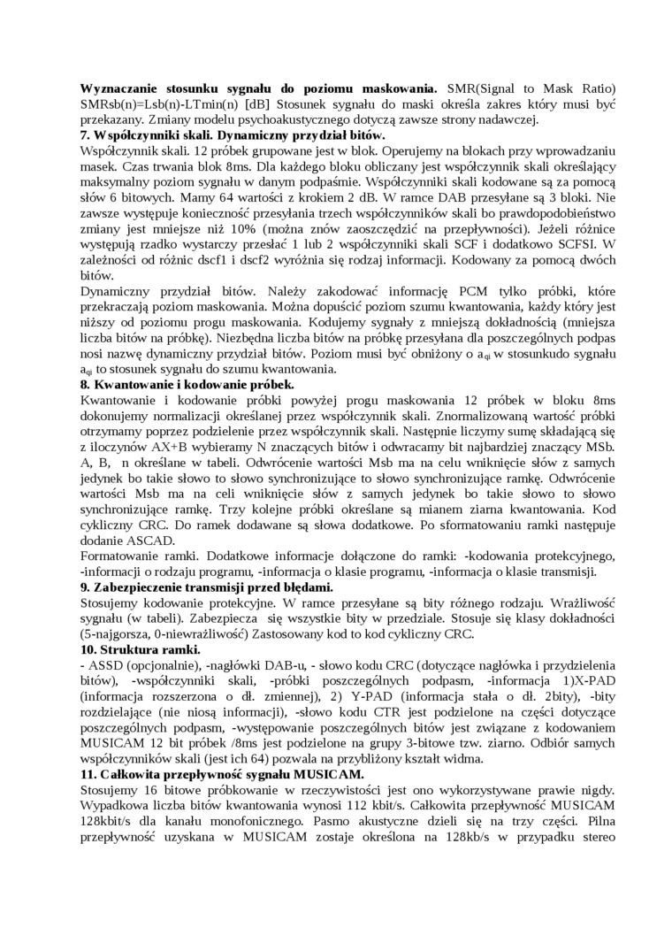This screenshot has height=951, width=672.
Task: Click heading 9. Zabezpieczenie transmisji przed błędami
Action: [207, 587]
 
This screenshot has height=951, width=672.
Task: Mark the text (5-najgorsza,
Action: [118, 634]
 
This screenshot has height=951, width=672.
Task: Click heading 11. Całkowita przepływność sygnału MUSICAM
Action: [222, 774]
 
